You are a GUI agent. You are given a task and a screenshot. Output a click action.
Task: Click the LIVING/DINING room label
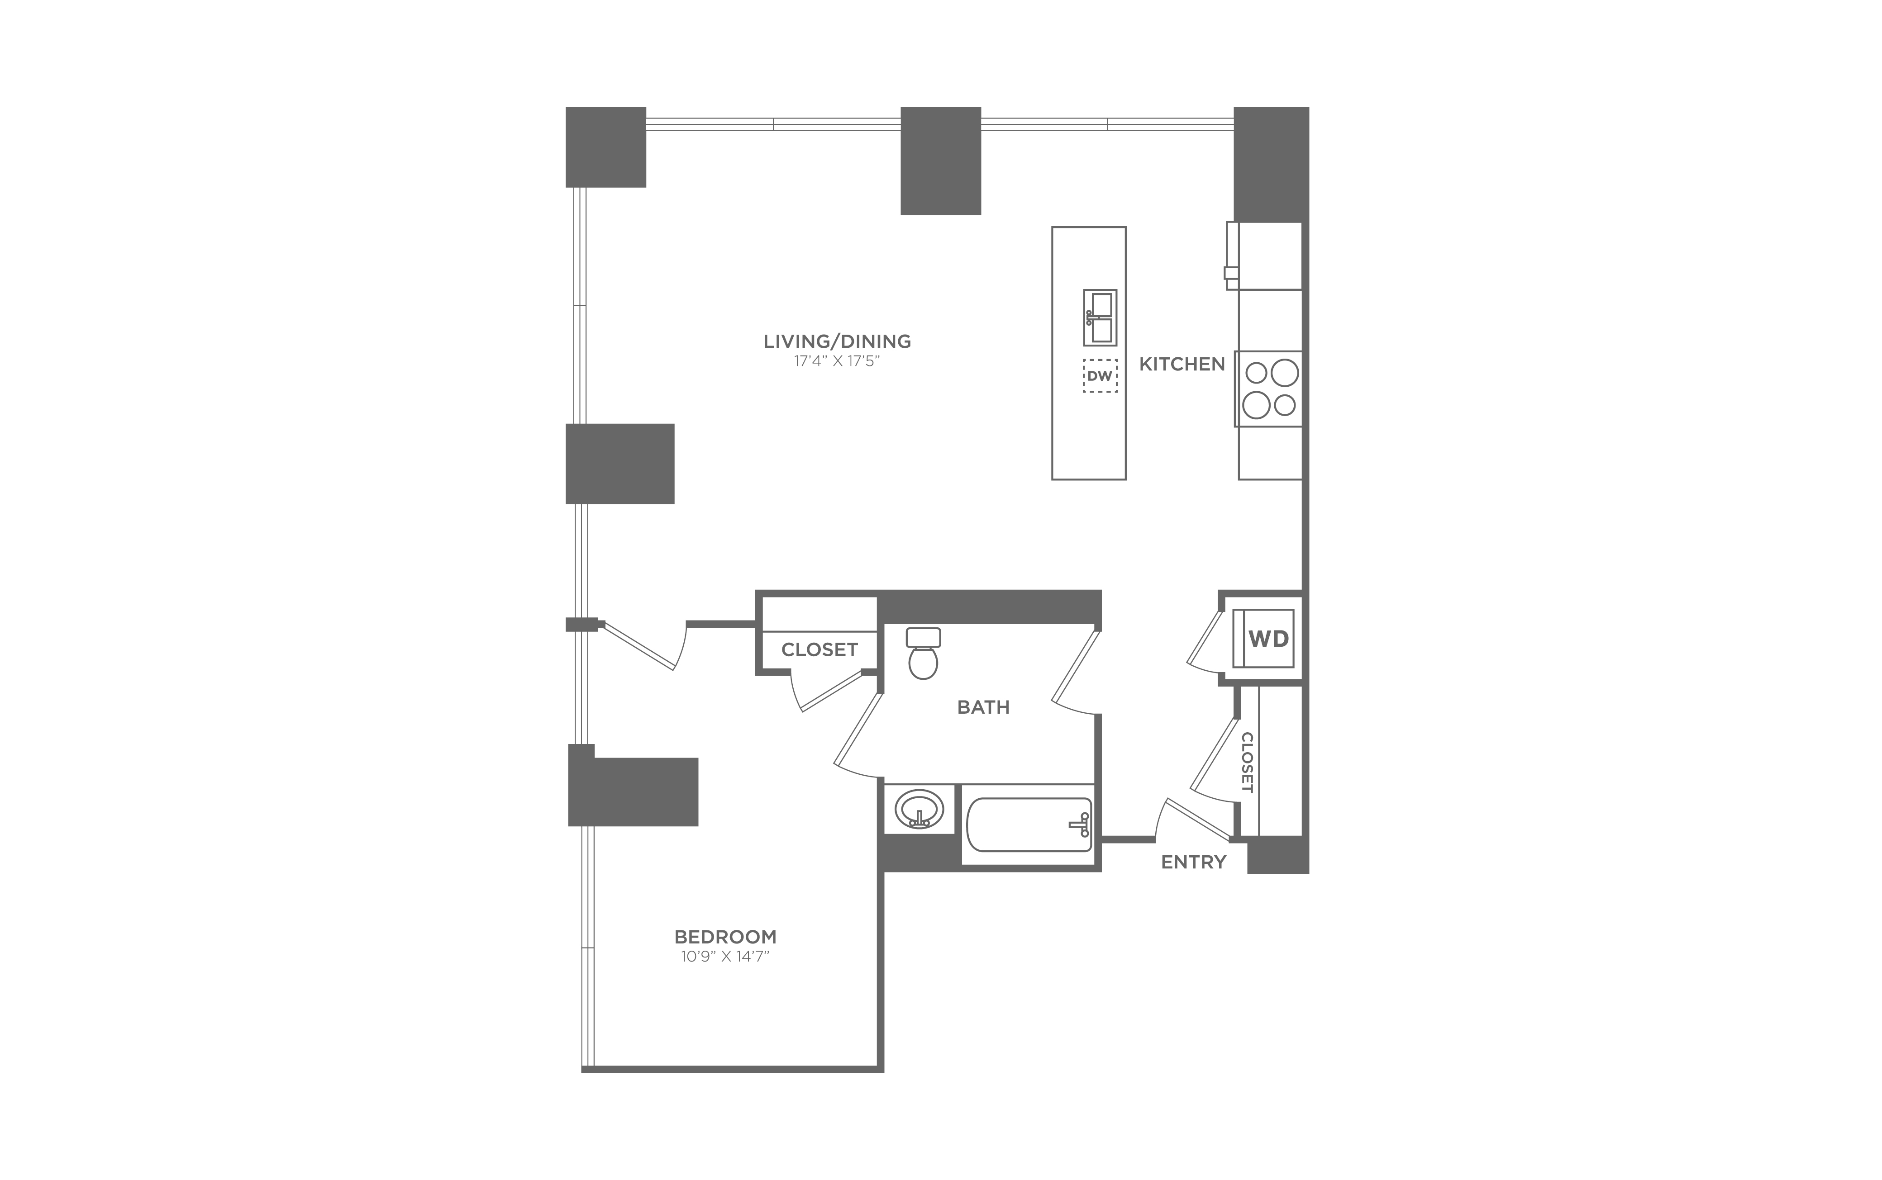837,341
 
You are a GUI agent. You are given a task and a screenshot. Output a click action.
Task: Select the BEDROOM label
725,937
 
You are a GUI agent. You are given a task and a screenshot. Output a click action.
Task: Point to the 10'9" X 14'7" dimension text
725,957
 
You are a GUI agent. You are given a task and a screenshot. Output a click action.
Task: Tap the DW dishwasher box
1100,375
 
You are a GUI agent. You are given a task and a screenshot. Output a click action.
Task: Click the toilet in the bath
924,654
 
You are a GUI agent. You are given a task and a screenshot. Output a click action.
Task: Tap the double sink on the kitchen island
1100,318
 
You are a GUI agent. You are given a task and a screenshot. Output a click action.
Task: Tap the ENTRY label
1194,862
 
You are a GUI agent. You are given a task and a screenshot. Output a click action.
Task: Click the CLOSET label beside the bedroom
820,649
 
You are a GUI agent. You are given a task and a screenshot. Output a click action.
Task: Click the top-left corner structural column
606,147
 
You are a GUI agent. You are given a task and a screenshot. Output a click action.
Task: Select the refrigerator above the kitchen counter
1265,255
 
